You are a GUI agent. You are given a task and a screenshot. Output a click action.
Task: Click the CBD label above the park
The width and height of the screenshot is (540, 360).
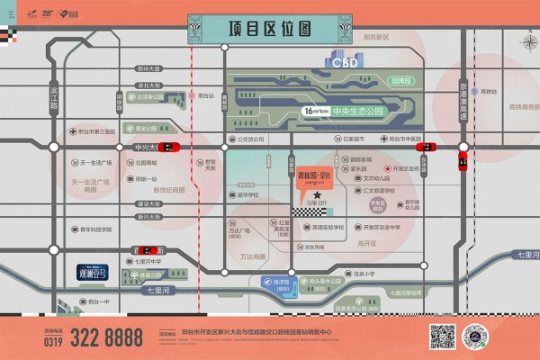(x=344, y=62)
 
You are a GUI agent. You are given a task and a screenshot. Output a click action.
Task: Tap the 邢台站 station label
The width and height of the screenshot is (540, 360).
(x=206, y=94)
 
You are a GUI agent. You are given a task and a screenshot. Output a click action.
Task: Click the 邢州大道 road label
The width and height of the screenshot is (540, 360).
(x=149, y=68)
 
